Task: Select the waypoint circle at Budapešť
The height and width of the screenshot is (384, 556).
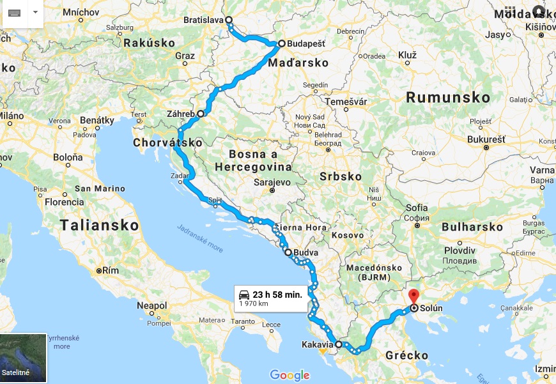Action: pos(281,44)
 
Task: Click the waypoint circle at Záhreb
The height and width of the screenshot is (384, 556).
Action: pos(201,114)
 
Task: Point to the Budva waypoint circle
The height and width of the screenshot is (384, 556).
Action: pos(288,252)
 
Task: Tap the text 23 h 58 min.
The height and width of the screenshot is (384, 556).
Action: pos(277,294)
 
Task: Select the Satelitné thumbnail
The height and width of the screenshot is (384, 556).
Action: pos(23,358)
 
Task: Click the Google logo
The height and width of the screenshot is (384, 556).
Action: pos(290,375)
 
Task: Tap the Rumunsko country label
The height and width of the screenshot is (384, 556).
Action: pos(448,98)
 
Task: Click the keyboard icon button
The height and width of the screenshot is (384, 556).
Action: pos(14,13)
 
